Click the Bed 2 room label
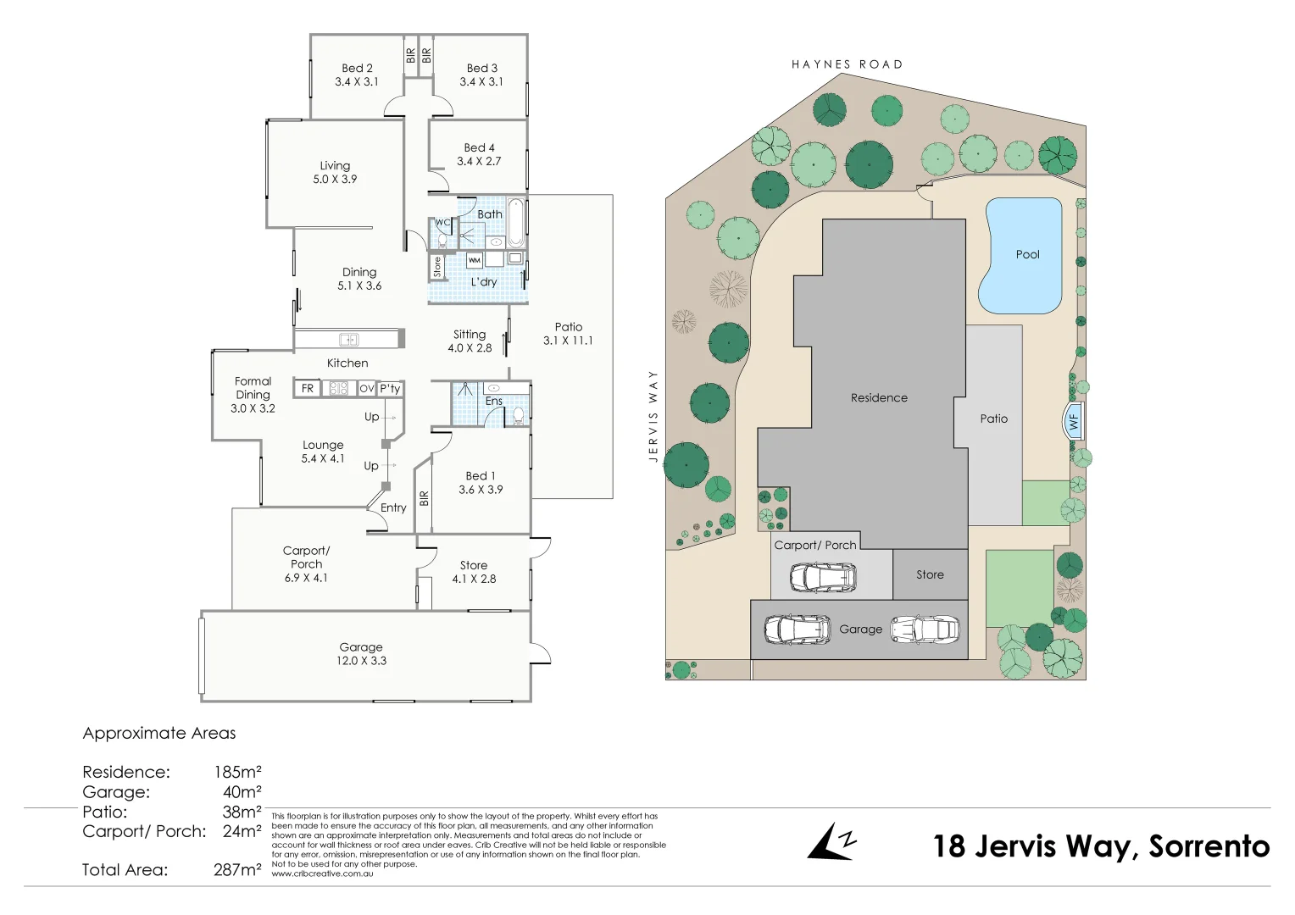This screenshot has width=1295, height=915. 357,68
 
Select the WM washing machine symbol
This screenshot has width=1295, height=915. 475,260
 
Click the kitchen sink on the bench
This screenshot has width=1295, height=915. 349,340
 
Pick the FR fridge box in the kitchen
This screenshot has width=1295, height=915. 308,388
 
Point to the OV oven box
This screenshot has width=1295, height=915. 366,388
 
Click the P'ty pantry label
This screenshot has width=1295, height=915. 390,388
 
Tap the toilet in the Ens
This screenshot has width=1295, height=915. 518,415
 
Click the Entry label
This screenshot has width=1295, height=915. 393,507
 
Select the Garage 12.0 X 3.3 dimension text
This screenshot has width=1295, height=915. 361,661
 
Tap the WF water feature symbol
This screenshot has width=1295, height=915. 1074,421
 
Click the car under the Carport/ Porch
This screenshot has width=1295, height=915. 822,578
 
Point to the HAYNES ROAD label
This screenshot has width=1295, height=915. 847,64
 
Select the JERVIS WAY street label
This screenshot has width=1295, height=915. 653,415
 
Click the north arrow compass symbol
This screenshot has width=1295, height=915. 831,842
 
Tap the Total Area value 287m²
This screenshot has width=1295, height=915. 237,869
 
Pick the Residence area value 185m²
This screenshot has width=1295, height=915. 237,772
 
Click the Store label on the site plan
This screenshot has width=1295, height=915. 930,574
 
